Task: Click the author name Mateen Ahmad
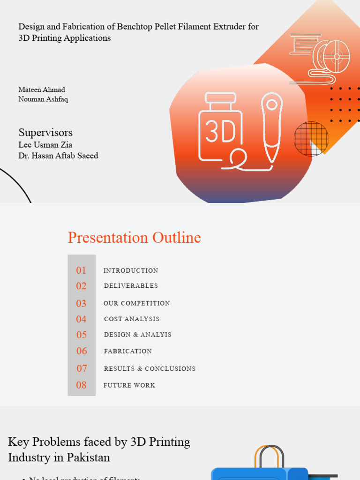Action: pyautogui.click(x=42, y=90)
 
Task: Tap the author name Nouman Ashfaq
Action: pyautogui.click(x=43, y=99)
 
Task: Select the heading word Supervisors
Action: pyautogui.click(x=45, y=132)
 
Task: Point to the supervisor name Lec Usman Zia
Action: pyautogui.click(x=45, y=145)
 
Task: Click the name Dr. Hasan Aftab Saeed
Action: pyautogui.click(x=58, y=156)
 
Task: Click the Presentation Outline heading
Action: pyautogui.click(x=134, y=238)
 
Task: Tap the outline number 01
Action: pyautogui.click(x=81, y=270)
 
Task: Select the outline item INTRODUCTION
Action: pyautogui.click(x=131, y=270)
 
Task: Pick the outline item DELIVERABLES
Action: pyautogui.click(x=131, y=286)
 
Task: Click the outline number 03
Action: pyautogui.click(x=81, y=303)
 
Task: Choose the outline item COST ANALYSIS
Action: pyautogui.click(x=132, y=319)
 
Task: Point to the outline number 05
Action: pyautogui.click(x=82, y=335)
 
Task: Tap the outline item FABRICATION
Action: pyautogui.click(x=128, y=351)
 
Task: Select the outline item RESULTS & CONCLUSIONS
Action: pyautogui.click(x=150, y=369)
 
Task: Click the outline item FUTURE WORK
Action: pyautogui.click(x=129, y=385)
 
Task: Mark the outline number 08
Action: pyautogui.click(x=81, y=385)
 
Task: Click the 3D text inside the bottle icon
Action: pyautogui.click(x=220, y=133)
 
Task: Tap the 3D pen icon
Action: pyautogui.click(x=272, y=127)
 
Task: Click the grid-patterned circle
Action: pyautogui.click(x=311, y=139)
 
